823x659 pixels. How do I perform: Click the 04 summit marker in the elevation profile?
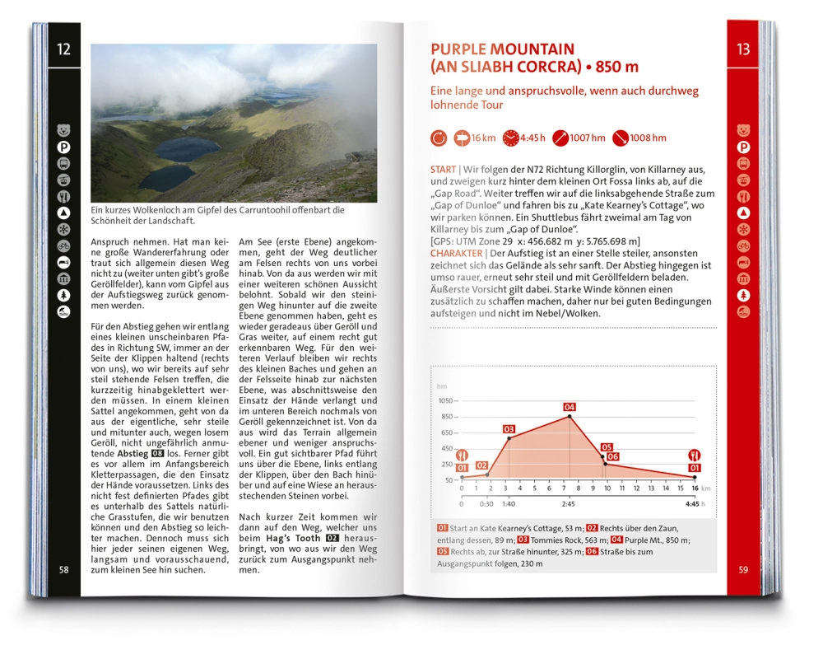pos(570,407)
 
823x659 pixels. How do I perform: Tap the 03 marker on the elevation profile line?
pos(509,429)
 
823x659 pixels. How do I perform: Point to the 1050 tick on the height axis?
pos(445,400)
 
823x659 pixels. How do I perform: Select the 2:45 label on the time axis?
pos(569,502)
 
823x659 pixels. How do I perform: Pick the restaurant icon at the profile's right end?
pos(695,455)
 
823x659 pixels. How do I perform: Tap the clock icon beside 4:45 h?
pos(511,138)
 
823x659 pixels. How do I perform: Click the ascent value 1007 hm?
pos(588,138)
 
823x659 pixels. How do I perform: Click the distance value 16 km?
pos(484,138)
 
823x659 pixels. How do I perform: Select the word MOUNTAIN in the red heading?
pos(532,49)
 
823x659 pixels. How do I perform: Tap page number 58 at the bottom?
pos(64,570)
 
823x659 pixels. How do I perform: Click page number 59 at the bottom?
pos(743,569)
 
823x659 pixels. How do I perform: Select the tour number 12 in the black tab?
pos(63,49)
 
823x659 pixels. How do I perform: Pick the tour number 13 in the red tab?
pos(743,49)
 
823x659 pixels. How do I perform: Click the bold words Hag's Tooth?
pos(294,538)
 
